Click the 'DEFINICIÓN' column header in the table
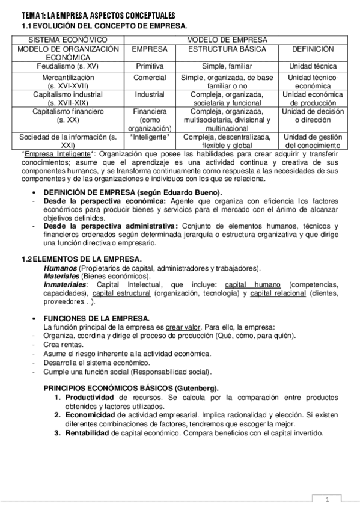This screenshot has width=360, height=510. pyautogui.click(x=313, y=49)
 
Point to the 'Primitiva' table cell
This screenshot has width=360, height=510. pyautogui.click(x=150, y=66)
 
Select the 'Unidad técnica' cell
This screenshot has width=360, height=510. pyautogui.click(x=313, y=66)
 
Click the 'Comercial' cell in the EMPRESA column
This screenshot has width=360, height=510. pyautogui.click(x=150, y=78)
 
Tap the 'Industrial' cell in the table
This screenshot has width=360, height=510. pyautogui.click(x=150, y=94)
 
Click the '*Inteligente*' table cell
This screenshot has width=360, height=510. pyautogui.click(x=150, y=137)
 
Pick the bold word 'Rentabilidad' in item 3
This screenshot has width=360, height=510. pyautogui.click(x=88, y=433)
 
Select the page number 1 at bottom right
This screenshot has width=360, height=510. pyautogui.click(x=328, y=500)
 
